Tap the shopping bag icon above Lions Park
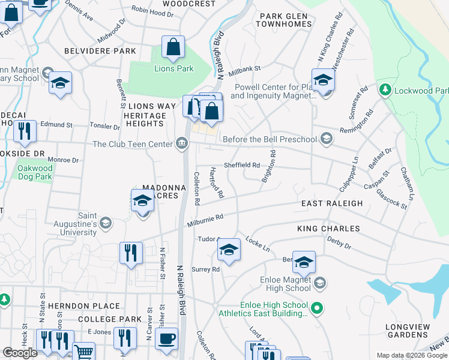173,48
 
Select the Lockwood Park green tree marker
384,91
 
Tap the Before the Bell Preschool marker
326,139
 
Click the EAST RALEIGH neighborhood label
332,204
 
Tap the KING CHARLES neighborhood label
328,229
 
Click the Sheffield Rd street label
241,166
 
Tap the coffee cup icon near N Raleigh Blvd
167,338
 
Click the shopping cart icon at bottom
83,352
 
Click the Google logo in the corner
20,353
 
